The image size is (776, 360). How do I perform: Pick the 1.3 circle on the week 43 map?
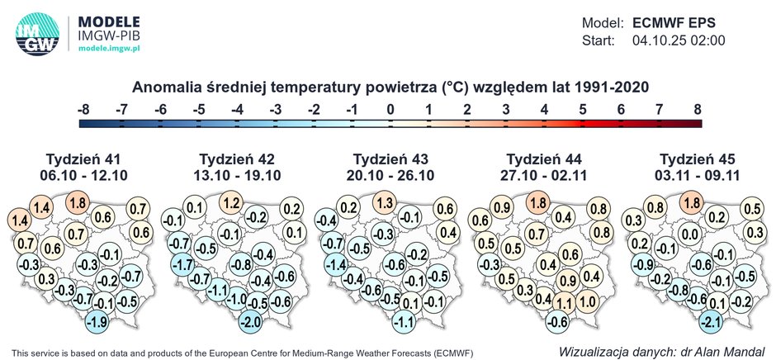384,202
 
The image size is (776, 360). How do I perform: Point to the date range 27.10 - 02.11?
542,175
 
